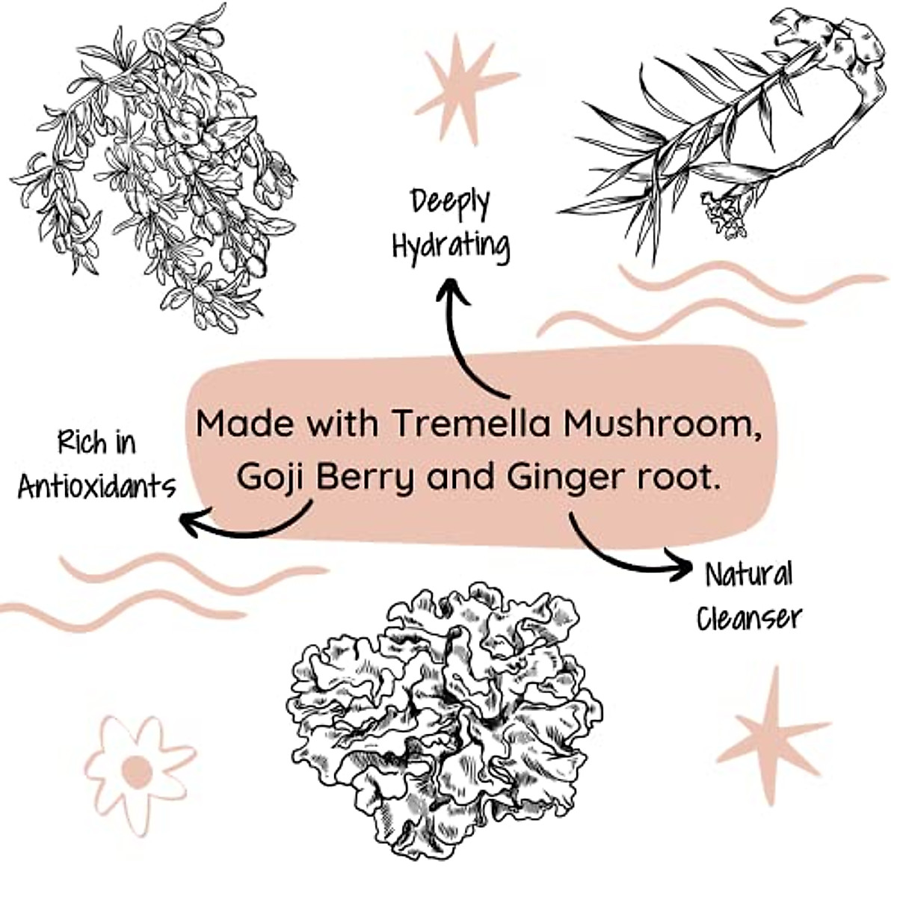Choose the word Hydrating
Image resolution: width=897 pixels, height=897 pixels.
tap(451, 246)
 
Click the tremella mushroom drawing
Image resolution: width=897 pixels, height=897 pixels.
tap(445, 718)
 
